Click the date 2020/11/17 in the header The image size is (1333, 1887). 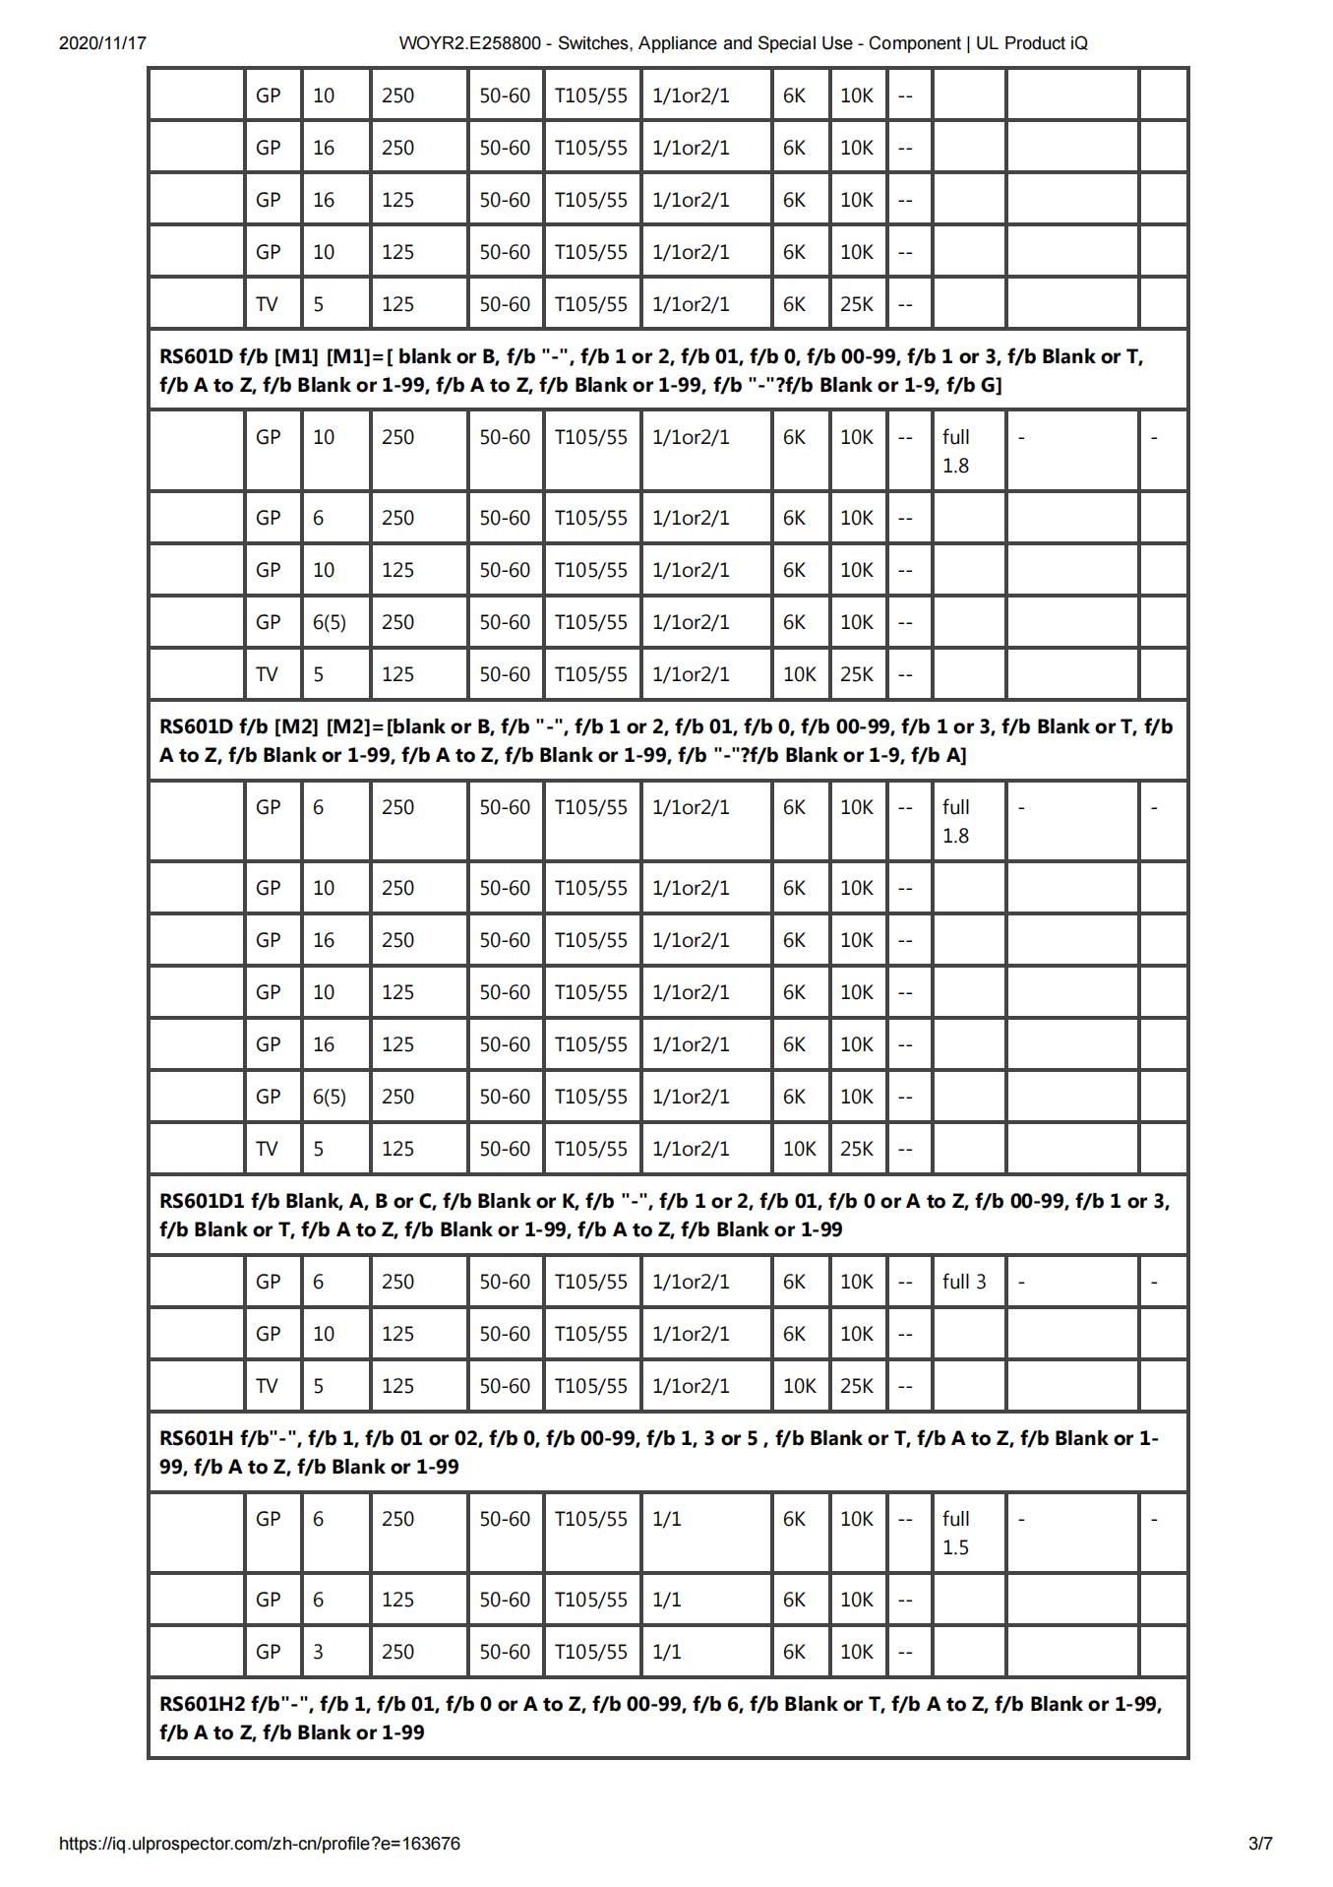pyautogui.click(x=102, y=43)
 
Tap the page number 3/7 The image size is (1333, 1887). pyautogui.click(x=1260, y=1844)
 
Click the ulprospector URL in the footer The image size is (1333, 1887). pyautogui.click(x=260, y=1844)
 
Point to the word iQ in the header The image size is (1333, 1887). pyautogui.click(x=1078, y=43)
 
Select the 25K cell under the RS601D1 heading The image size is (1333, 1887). pyautogui.click(x=857, y=1386)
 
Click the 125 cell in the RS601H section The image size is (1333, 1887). pyautogui.click(x=397, y=1600)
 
